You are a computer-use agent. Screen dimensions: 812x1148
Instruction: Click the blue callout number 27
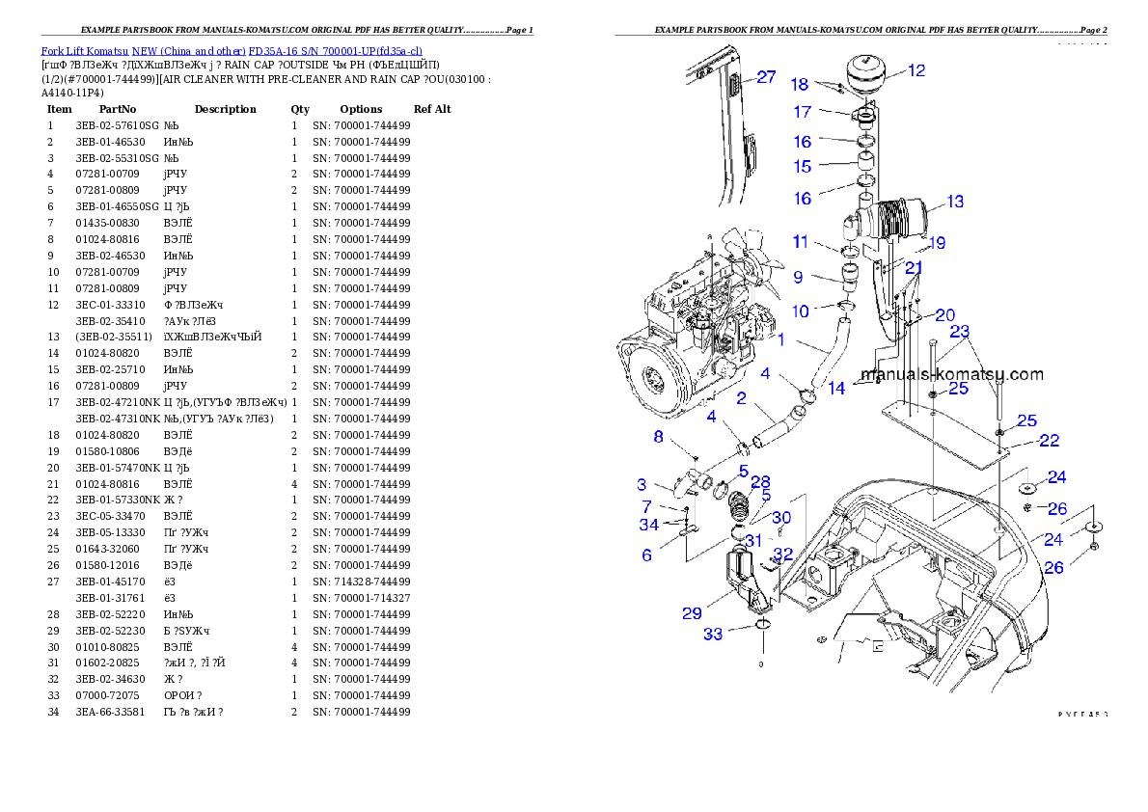point(766,77)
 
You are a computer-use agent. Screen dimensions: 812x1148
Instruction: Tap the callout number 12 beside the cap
point(916,70)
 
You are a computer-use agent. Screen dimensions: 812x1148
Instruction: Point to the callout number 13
point(954,203)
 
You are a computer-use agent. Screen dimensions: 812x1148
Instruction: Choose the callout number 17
point(803,113)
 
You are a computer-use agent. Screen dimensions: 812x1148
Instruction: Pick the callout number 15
point(803,167)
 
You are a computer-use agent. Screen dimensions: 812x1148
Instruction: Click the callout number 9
point(798,278)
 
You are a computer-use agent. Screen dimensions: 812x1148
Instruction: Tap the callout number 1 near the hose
point(781,339)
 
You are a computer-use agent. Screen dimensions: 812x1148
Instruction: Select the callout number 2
point(741,398)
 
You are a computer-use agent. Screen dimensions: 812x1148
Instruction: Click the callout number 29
point(692,613)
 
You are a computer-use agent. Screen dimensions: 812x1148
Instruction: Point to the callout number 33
point(713,635)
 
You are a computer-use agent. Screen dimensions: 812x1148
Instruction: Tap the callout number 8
point(659,437)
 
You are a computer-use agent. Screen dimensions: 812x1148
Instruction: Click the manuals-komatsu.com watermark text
point(951,374)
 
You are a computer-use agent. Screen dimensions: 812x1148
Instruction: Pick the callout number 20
point(944,315)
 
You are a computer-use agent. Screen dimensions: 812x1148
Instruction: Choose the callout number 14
point(836,389)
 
